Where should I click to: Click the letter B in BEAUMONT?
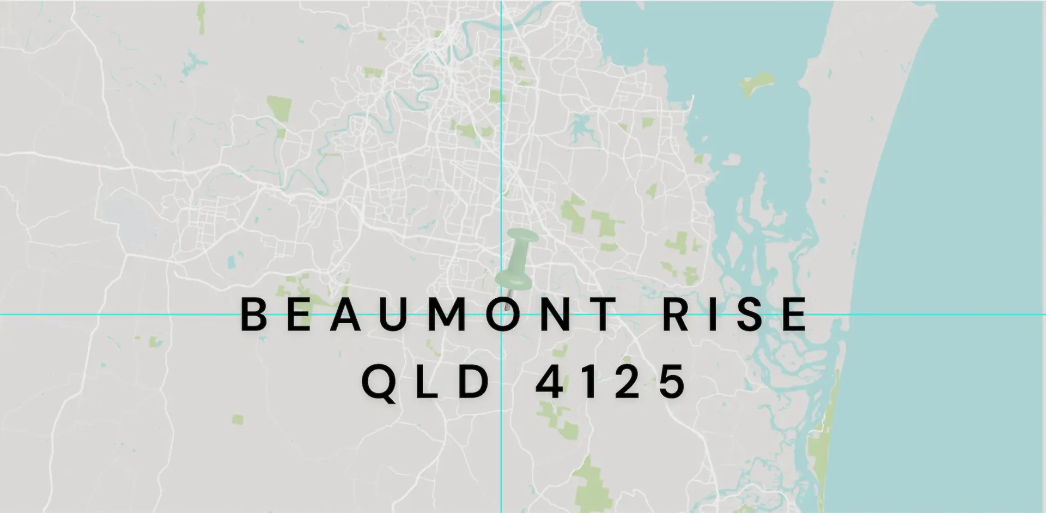255,315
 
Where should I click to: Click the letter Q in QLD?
378,383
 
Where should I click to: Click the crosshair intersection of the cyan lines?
501,315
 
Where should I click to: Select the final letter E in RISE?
796,315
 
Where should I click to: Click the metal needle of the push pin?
508,300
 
